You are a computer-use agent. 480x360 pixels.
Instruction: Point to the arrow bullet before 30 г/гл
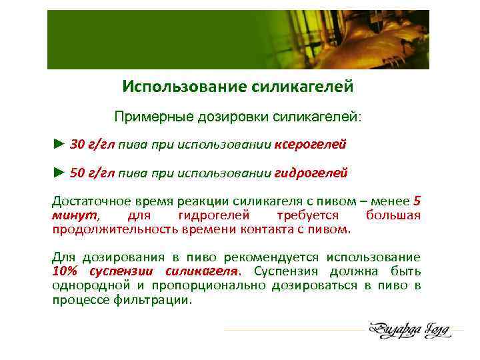(x=59, y=143)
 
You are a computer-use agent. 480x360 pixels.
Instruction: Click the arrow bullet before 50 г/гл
(x=59, y=173)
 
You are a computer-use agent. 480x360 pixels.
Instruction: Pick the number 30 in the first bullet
(x=77, y=143)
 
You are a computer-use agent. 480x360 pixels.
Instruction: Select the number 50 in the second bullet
(x=77, y=173)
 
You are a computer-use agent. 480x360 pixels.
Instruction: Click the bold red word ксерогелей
(x=310, y=143)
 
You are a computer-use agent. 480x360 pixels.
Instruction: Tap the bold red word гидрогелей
(x=311, y=173)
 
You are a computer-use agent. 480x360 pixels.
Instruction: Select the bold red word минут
(x=74, y=216)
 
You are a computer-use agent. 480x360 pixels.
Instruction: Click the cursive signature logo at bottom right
(x=409, y=329)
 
